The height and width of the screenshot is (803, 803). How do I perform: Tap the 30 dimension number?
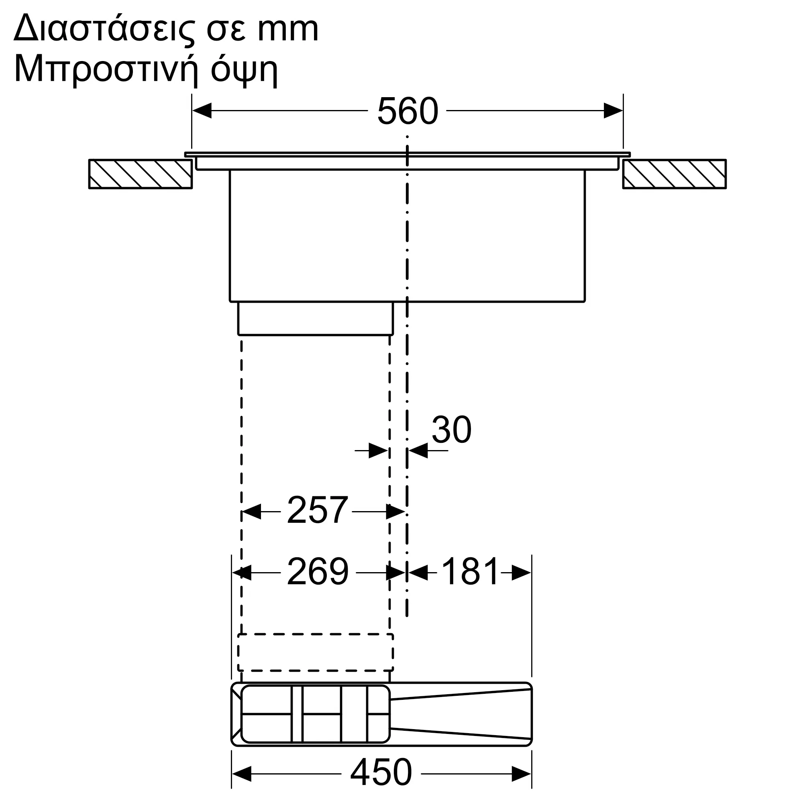(451, 429)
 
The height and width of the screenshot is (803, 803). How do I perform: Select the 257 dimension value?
(317, 510)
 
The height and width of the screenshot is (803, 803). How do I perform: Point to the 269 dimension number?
(318, 571)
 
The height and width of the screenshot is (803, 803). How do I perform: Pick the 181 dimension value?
(470, 571)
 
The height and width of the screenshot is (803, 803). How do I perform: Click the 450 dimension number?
(381, 772)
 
